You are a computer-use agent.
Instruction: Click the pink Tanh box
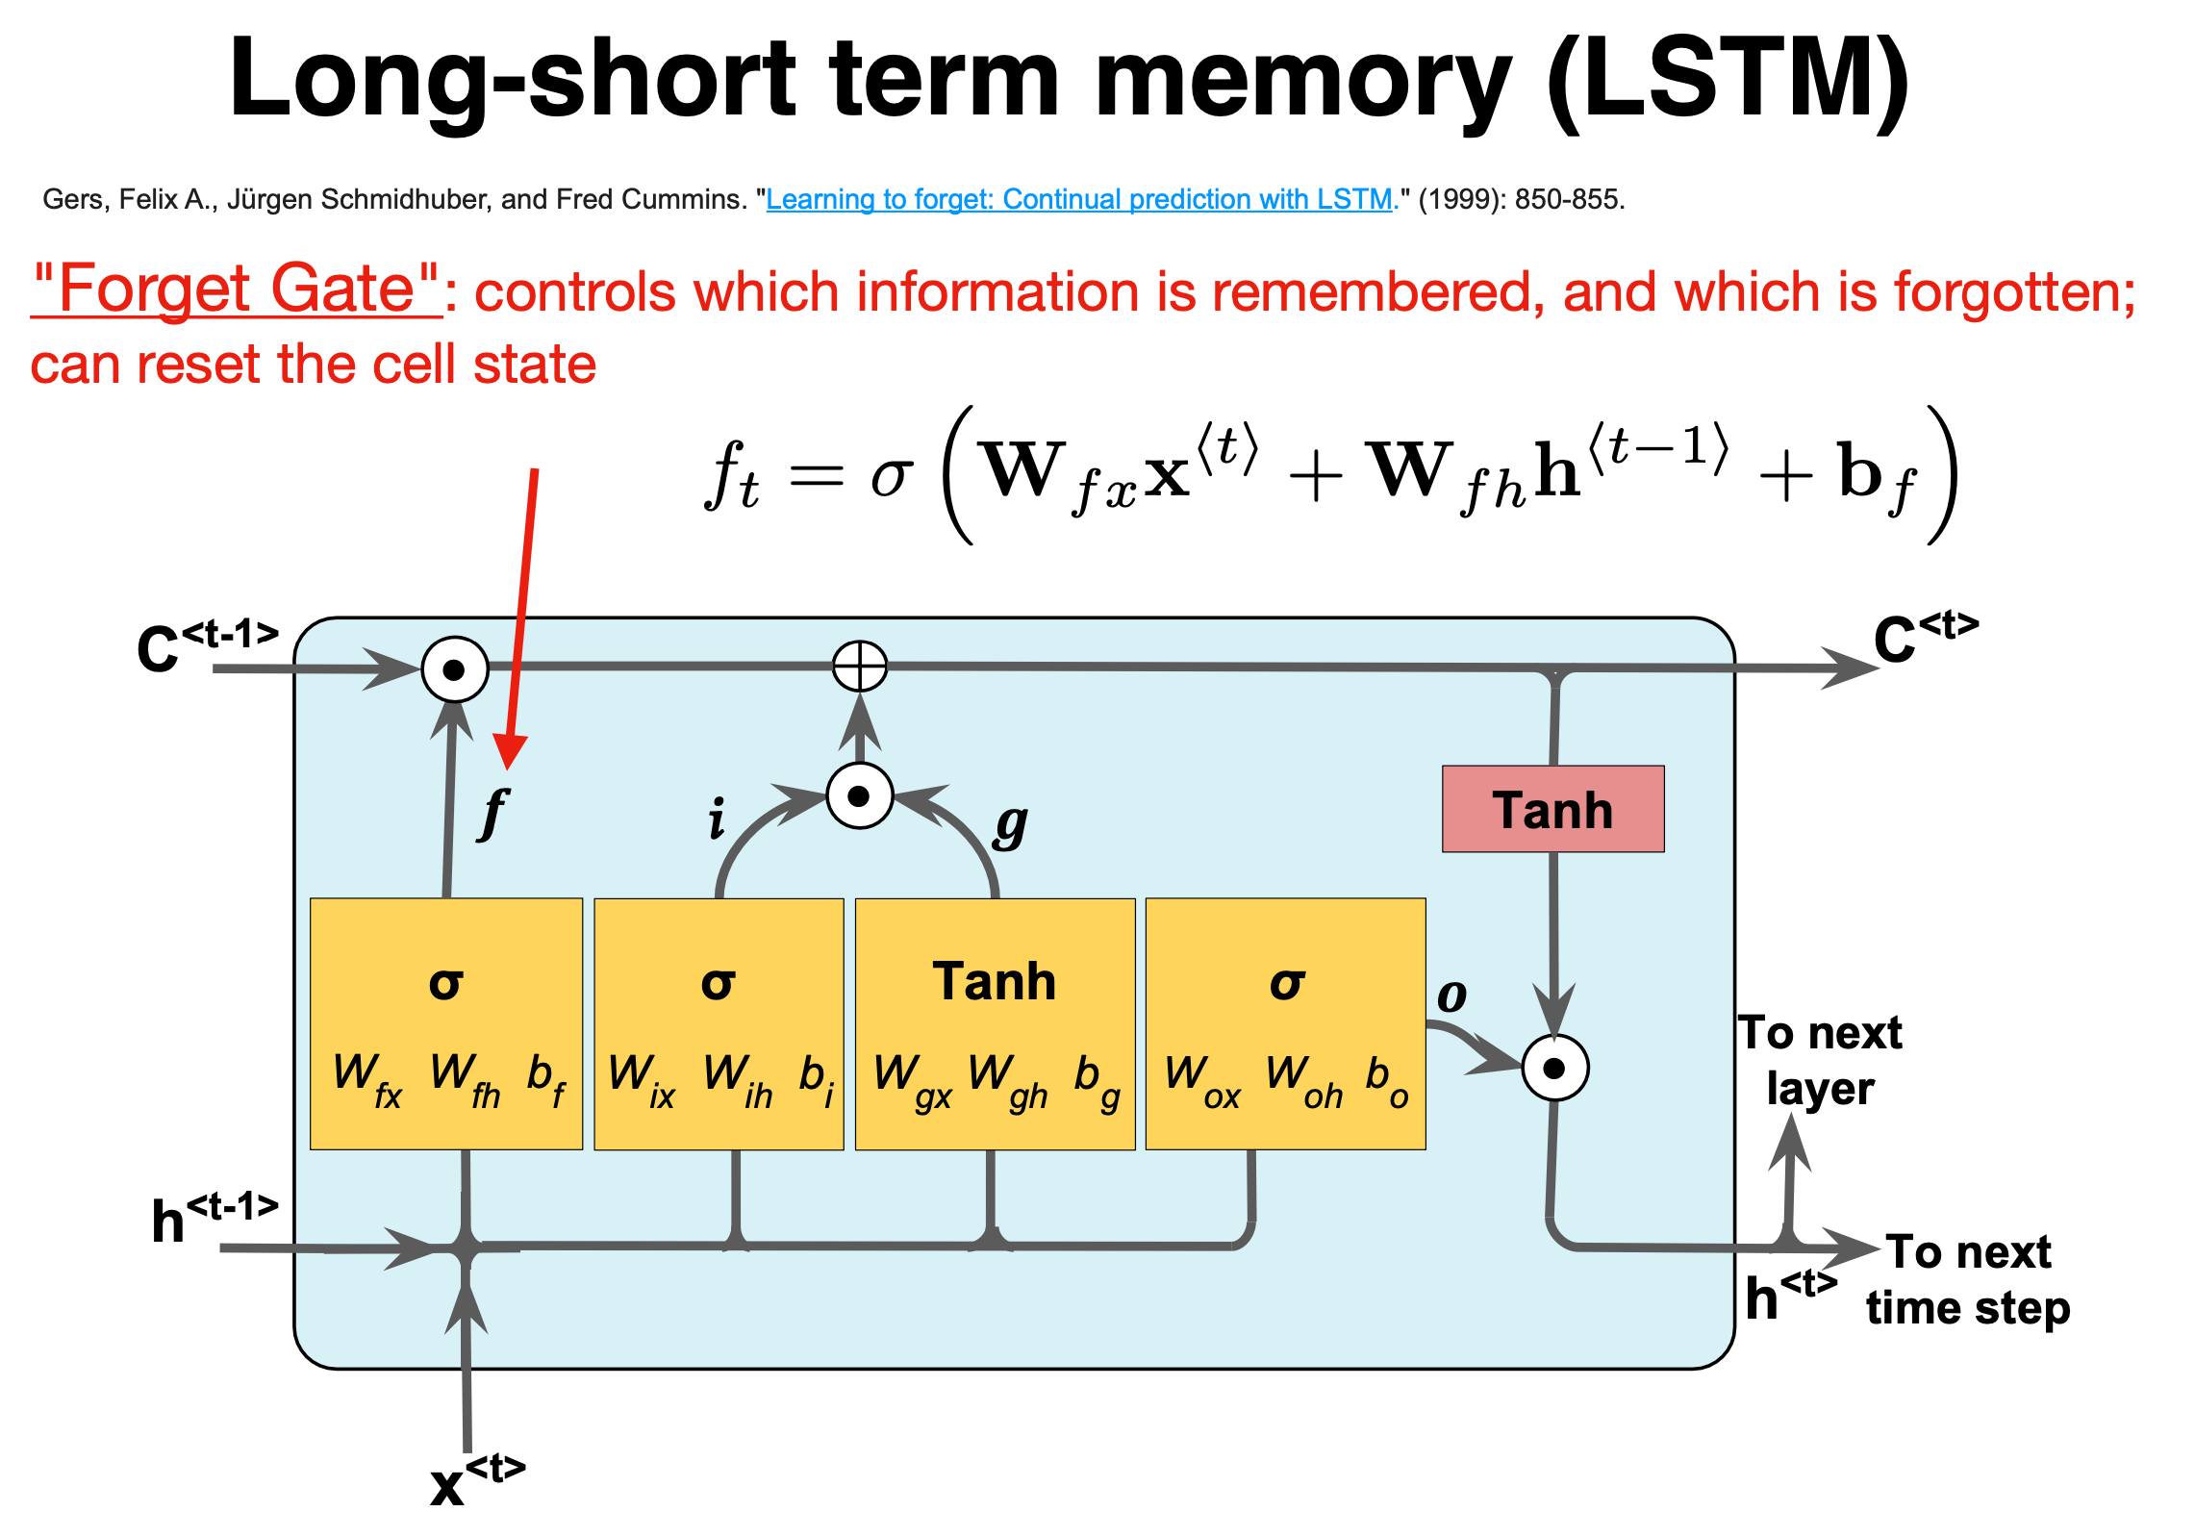click(x=1552, y=809)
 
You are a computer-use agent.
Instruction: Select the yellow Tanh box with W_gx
click(x=995, y=1023)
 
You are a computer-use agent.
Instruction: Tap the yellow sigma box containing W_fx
click(x=446, y=1023)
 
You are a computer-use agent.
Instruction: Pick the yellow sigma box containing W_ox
click(x=1285, y=1023)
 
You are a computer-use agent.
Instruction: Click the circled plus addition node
click(x=859, y=666)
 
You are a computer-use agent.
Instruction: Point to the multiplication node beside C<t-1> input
click(x=455, y=668)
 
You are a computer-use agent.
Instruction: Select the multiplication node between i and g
click(x=859, y=796)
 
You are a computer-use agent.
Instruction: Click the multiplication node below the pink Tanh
click(x=1554, y=1068)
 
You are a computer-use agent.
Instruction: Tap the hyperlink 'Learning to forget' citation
click(x=1079, y=199)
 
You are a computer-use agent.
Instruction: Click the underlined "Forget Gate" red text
click(x=236, y=289)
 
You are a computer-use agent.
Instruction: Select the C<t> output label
click(x=1925, y=638)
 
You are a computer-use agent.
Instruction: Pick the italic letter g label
click(x=1011, y=824)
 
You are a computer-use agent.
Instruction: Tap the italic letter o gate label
click(x=1451, y=995)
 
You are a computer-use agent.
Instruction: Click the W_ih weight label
click(x=738, y=1080)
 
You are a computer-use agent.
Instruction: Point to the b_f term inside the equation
click(x=1876, y=477)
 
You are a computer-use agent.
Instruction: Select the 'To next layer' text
click(x=1820, y=1061)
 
